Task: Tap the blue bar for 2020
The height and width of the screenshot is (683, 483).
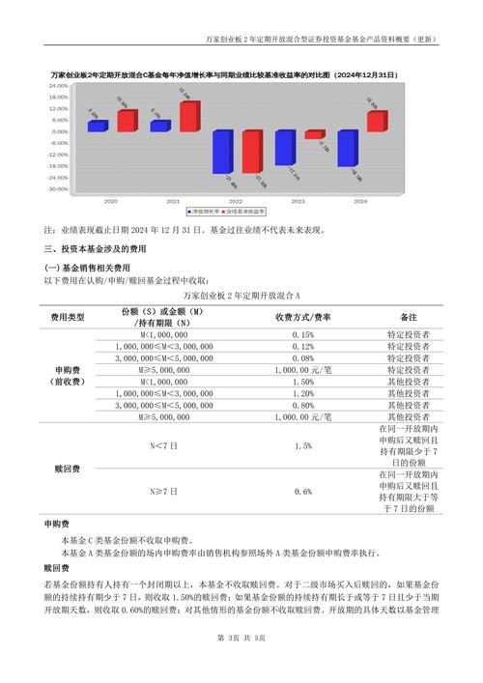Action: pos(97,126)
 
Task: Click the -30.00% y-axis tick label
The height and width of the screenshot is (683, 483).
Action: pos(57,188)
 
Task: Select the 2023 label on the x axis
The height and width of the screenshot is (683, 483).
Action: pos(298,201)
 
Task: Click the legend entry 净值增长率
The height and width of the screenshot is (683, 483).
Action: pos(207,211)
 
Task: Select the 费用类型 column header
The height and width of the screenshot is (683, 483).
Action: pos(68,317)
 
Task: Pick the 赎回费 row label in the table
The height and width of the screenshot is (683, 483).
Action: pos(68,469)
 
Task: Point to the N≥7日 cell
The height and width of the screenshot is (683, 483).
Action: pos(163,492)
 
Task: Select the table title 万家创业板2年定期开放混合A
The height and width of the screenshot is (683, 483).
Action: pos(241,294)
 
